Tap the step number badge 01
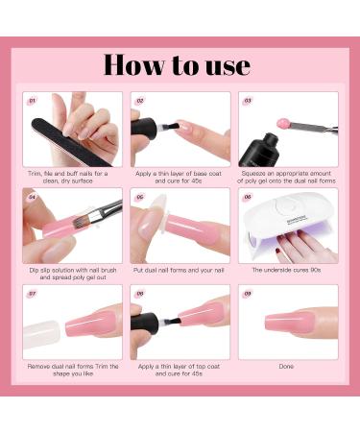(x=31, y=99)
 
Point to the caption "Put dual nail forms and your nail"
(x=180, y=270)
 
